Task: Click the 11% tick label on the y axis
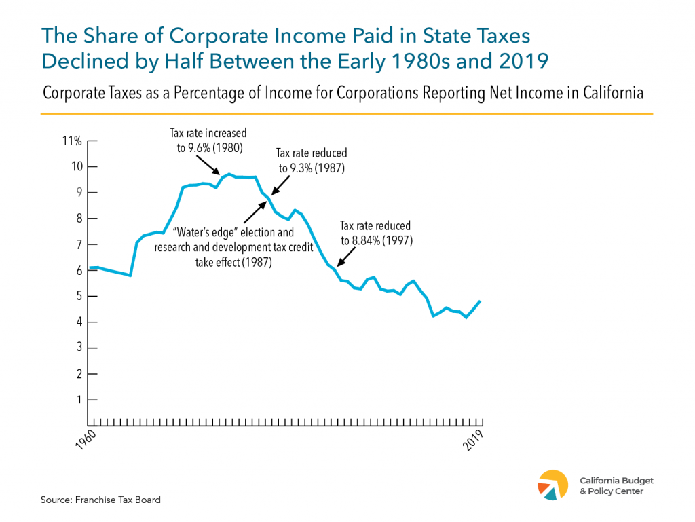(73, 141)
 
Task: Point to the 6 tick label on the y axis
(79, 270)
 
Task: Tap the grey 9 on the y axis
(79, 193)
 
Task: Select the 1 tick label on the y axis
(79, 400)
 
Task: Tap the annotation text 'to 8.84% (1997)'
(375, 240)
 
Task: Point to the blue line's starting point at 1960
(91, 268)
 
